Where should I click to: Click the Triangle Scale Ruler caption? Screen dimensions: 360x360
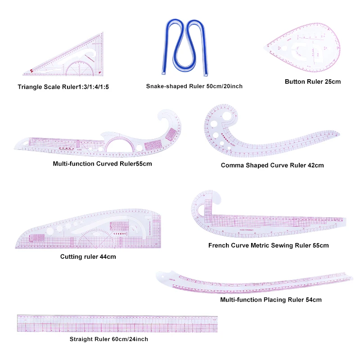(x=63, y=86)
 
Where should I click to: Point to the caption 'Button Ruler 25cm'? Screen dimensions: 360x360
(x=313, y=81)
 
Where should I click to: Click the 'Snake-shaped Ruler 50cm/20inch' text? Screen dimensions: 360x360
(x=194, y=86)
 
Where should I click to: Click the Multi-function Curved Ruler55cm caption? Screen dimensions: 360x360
(x=102, y=163)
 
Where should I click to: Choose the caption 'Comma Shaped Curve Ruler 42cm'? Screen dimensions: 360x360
(x=272, y=165)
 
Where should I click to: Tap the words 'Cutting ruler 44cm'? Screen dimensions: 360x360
(x=88, y=256)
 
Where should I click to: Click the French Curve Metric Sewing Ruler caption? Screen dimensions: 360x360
(x=268, y=245)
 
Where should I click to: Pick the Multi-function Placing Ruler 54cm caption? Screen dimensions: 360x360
(x=271, y=299)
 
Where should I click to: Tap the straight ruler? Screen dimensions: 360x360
(x=117, y=324)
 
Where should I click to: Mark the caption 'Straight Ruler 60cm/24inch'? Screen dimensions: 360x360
(x=108, y=339)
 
